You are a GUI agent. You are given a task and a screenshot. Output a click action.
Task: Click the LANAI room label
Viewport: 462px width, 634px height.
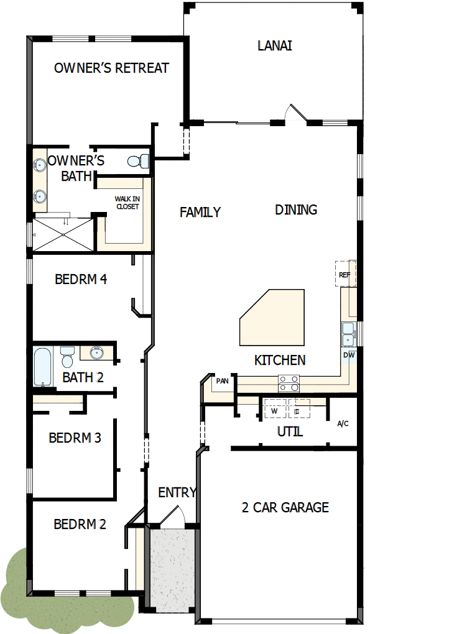(274, 45)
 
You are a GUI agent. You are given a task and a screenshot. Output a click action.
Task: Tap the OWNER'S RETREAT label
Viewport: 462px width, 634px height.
(111, 68)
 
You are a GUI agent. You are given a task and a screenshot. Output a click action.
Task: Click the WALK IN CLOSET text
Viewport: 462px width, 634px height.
(126, 203)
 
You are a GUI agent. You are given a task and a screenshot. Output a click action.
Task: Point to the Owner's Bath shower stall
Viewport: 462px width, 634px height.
(63, 234)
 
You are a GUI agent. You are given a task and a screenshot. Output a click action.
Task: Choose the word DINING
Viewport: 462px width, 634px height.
(296, 210)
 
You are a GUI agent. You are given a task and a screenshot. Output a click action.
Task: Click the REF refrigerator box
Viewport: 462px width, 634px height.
(344, 274)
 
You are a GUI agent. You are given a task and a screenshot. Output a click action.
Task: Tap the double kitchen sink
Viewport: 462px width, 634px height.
(348, 334)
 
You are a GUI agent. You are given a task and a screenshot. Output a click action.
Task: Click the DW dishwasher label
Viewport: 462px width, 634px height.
(349, 355)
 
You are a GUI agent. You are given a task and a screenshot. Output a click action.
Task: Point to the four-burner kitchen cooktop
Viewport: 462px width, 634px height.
(289, 384)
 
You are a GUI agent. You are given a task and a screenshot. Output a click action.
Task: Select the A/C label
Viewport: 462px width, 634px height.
(343, 424)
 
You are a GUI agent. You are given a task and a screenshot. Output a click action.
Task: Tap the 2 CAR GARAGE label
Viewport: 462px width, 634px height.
(285, 507)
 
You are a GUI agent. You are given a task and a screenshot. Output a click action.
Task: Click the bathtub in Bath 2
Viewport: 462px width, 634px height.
(43, 367)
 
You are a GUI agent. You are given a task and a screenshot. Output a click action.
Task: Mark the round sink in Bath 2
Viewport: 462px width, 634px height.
(96, 353)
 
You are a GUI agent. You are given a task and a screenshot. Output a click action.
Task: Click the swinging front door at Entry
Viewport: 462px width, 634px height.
(177, 517)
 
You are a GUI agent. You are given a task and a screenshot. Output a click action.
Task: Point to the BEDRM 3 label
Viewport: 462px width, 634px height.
(75, 438)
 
